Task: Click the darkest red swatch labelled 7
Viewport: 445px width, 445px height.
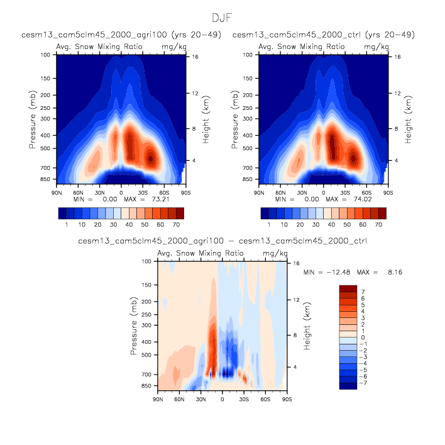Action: [348, 288]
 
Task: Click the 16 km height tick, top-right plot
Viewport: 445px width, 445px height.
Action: [397, 57]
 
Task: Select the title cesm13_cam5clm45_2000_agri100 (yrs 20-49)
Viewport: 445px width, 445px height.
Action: [121, 35]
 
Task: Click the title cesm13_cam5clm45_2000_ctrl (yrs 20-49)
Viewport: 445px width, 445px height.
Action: [324, 35]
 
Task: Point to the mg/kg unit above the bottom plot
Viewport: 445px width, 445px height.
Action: [274, 253]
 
